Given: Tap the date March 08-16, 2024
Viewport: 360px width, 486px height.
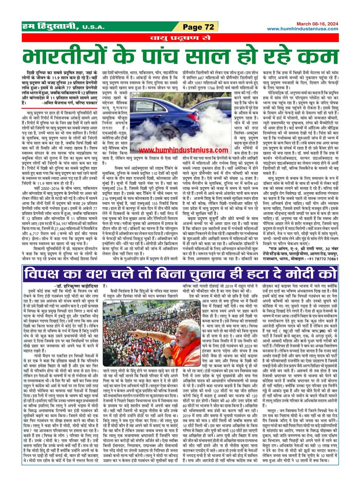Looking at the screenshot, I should tap(317, 24).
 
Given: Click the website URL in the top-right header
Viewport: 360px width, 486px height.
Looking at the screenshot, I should tap(303, 29).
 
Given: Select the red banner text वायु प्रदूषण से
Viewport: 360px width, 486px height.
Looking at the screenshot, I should tap(180, 38).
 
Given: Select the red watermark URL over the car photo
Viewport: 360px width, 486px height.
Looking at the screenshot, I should tap(183, 150).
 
